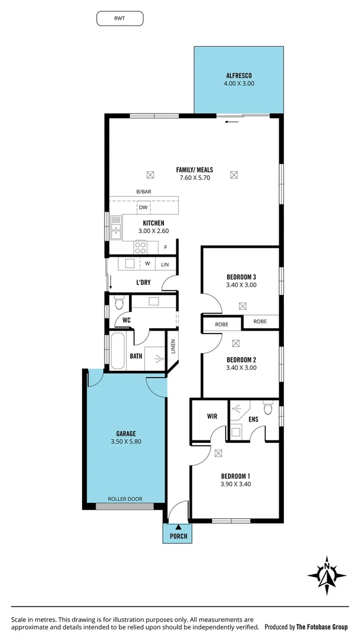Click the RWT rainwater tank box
[120, 18]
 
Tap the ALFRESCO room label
[239, 75]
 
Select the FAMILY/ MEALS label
[194, 170]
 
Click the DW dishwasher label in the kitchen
[143, 207]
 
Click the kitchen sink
[115, 229]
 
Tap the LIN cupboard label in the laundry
[165, 264]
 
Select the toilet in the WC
[118, 304]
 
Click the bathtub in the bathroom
[118, 351]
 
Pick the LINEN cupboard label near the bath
[173, 347]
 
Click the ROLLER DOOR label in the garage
[125, 499]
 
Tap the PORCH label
[178, 536]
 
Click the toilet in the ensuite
[268, 409]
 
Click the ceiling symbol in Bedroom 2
[236, 343]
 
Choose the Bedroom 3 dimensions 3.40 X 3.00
[241, 285]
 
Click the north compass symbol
[326, 575]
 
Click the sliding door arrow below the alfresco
[232, 122]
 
